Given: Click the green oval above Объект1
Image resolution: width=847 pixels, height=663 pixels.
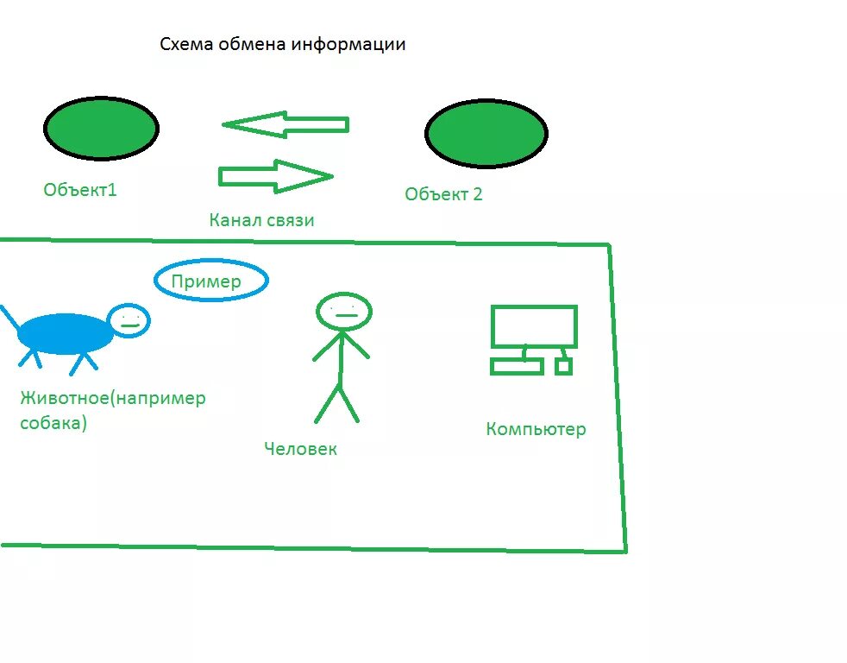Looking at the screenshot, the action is click(101, 128).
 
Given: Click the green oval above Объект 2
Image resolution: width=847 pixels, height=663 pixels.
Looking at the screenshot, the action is click(486, 133).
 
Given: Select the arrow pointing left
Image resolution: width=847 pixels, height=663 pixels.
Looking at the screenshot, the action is click(285, 125).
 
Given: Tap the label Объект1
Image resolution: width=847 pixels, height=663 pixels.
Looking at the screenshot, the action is click(80, 190).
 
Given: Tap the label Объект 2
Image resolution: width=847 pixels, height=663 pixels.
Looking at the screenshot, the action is click(443, 194).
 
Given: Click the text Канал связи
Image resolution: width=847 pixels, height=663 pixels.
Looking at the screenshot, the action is click(261, 220).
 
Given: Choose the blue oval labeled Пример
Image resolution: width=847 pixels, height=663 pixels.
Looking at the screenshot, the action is click(210, 281).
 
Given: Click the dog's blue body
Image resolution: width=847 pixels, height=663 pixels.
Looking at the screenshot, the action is click(66, 334).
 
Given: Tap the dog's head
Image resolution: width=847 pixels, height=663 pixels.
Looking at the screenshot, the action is click(130, 320).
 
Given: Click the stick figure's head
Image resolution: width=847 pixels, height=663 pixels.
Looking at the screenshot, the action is click(343, 312).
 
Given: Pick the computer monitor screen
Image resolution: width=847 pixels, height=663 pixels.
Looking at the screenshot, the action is click(533, 325).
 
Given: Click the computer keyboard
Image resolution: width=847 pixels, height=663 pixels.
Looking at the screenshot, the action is click(517, 367).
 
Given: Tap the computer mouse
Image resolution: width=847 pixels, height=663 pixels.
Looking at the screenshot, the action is click(563, 367).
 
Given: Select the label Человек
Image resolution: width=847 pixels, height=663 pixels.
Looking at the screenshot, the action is click(300, 449).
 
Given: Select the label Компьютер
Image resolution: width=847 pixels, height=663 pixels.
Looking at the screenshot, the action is click(536, 429).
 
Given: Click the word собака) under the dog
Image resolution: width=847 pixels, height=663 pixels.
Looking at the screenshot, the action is click(53, 424).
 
